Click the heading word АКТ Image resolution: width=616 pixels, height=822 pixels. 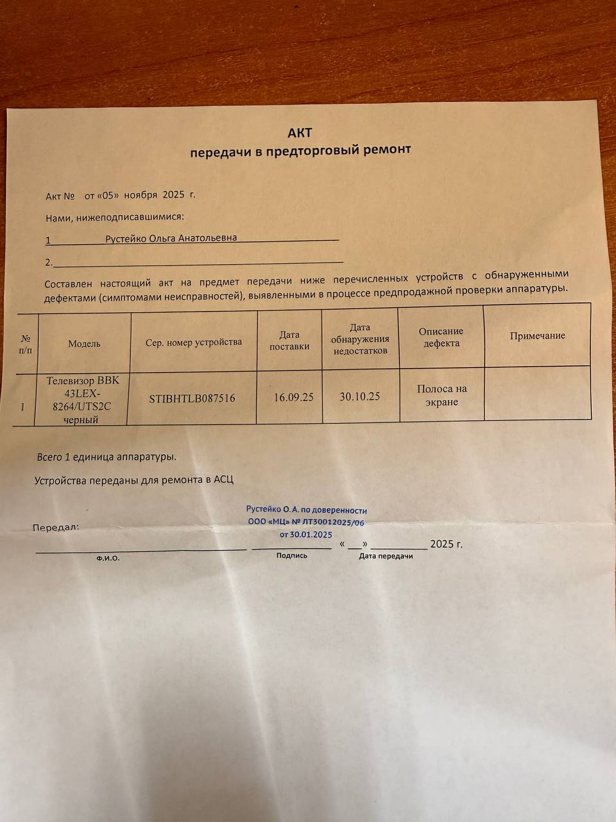[299, 132]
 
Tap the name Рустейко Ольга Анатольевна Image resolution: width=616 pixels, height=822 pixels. [171, 238]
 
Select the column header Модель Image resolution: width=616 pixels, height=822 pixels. [84, 344]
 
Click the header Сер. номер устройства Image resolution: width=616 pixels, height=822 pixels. [193, 342]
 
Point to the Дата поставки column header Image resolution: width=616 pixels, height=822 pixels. [289, 340]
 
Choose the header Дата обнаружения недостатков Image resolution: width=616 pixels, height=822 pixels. [360, 339]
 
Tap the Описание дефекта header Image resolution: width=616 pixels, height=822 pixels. [441, 337]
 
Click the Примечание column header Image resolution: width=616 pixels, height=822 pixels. [537, 336]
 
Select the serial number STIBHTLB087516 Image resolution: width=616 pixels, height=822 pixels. [192, 399]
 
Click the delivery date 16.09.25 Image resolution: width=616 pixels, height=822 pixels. [293, 398]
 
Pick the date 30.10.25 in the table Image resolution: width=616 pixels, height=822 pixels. [359, 396]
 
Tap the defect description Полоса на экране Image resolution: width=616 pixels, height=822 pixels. [441, 395]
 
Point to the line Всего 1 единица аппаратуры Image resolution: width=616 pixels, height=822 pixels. [107, 457]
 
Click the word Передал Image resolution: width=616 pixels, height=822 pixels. [56, 527]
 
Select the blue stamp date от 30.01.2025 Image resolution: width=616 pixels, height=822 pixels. [305, 534]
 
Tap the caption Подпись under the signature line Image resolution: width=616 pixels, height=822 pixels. [291, 555]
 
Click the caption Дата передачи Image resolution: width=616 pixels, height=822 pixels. [386, 556]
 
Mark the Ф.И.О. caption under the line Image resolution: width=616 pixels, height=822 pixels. [108, 559]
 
